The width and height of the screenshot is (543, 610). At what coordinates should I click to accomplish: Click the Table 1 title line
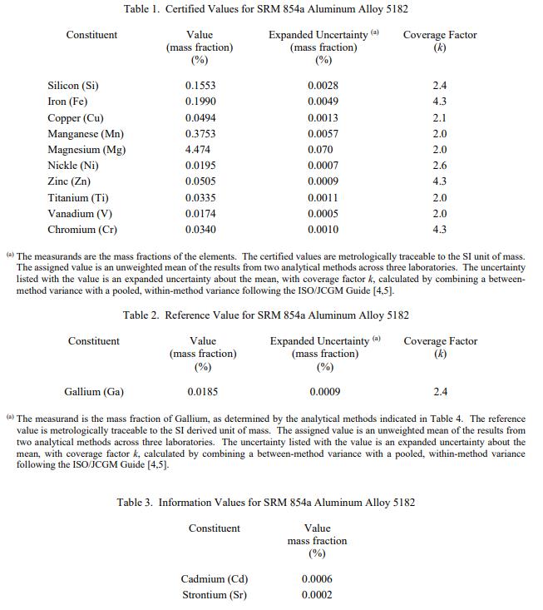[265, 9]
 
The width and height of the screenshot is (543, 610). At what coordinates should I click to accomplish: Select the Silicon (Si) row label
[75, 86]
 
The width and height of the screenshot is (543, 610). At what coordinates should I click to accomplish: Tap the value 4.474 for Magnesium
[198, 150]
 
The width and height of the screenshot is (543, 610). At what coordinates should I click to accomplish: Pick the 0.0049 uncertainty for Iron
[323, 102]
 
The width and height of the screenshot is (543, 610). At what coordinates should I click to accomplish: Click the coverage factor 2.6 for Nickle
[440, 166]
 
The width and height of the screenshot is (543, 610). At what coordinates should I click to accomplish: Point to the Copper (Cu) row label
[76, 118]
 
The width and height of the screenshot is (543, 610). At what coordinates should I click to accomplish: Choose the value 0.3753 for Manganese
[200, 134]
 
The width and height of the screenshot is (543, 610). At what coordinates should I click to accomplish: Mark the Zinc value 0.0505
[200, 181]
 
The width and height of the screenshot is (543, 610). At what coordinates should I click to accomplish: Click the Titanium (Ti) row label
[78, 198]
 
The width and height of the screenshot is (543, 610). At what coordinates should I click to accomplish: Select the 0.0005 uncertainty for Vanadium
[323, 214]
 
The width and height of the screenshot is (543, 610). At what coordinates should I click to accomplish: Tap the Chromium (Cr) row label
[82, 230]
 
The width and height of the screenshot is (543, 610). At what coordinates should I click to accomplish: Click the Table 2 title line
[265, 315]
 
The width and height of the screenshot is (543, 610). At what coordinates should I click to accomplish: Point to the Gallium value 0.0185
[203, 391]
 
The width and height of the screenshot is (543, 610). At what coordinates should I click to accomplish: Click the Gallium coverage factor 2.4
[441, 391]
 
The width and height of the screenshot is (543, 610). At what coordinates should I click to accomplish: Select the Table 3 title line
[265, 503]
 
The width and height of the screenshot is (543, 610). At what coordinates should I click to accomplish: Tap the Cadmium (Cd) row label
[215, 579]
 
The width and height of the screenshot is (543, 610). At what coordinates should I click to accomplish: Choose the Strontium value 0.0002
[317, 595]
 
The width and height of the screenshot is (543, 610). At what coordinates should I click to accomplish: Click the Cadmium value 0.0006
[317, 579]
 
